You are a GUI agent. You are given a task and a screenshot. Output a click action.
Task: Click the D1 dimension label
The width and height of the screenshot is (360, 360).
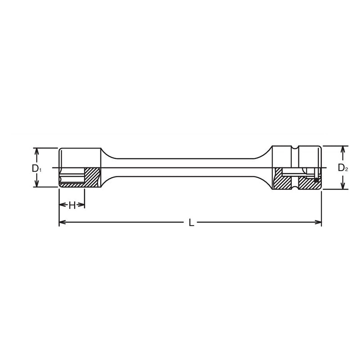pyautogui.click(x=36, y=168)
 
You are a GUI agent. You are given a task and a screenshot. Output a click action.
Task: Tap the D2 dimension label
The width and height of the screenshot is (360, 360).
pyautogui.click(x=343, y=168)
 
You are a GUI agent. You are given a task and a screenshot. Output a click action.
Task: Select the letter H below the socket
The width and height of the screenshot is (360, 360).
pyautogui.click(x=72, y=205)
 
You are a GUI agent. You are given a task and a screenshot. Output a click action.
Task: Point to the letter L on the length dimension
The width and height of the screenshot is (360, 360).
pyautogui.click(x=191, y=222)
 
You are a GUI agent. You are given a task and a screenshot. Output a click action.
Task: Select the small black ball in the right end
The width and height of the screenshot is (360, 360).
pyautogui.click(x=317, y=180)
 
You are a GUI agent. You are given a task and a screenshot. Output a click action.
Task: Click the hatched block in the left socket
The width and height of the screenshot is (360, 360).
pyautogui.click(x=92, y=177)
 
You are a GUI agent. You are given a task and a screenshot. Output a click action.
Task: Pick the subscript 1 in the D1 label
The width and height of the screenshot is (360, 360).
pyautogui.click(x=40, y=171)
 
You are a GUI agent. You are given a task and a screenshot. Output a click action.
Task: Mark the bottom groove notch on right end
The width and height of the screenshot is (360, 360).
pyautogui.click(x=295, y=187)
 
